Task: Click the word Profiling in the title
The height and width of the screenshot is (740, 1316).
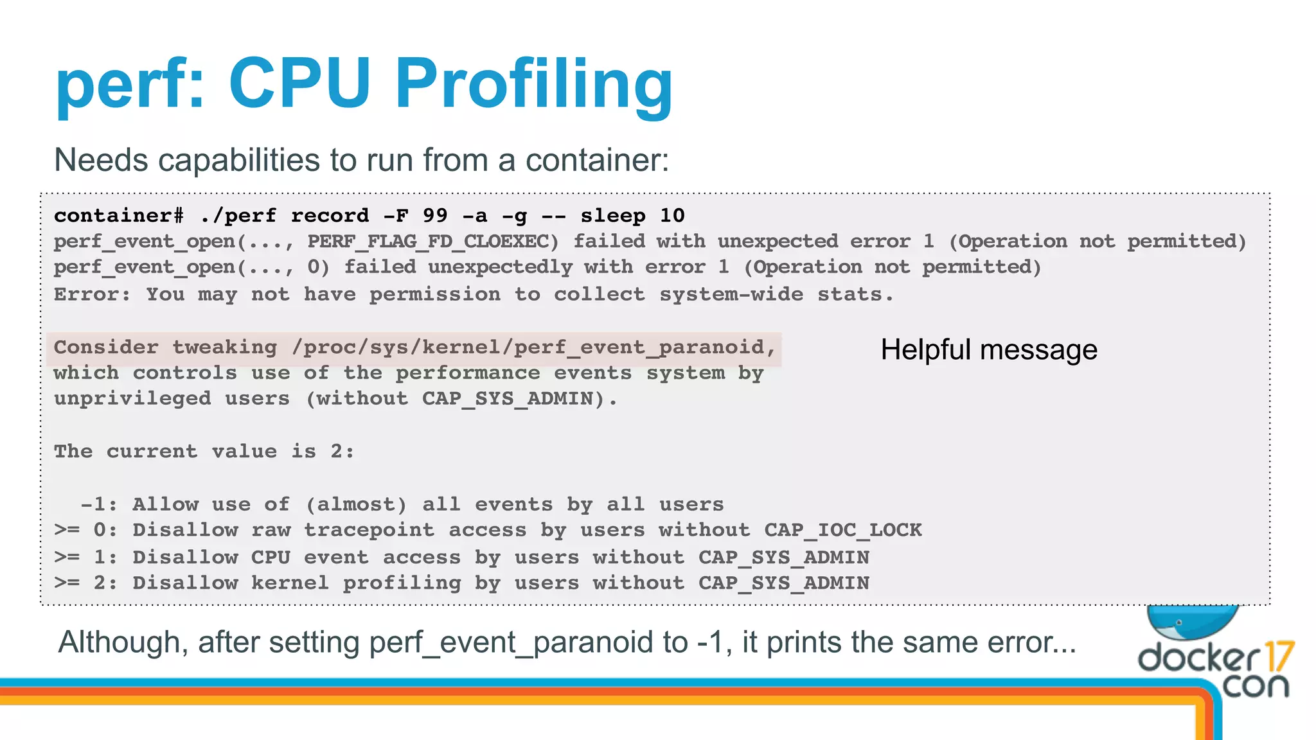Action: (533, 84)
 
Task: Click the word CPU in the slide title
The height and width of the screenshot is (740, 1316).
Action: (299, 84)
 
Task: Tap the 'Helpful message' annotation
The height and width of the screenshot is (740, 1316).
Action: (988, 350)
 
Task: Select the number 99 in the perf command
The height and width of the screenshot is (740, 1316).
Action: (435, 216)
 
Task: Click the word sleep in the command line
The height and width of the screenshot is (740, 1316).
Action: (613, 216)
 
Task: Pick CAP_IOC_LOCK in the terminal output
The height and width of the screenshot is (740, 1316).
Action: (842, 531)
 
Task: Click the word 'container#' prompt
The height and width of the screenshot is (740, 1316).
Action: (119, 216)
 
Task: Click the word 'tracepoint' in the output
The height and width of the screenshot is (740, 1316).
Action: (369, 531)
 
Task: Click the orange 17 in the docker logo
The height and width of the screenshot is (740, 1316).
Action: (1279, 656)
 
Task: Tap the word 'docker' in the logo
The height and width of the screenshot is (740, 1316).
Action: (1199, 658)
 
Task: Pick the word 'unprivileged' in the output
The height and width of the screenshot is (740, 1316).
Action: (132, 400)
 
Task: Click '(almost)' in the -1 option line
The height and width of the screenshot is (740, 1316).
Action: (356, 505)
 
